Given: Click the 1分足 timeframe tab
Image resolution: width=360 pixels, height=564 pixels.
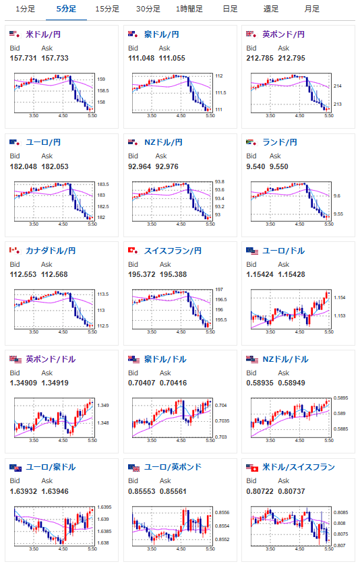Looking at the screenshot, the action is [x=25, y=9].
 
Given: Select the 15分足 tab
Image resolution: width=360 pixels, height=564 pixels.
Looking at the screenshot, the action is [x=107, y=9].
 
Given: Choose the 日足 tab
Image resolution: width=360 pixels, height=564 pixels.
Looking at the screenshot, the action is [x=230, y=9].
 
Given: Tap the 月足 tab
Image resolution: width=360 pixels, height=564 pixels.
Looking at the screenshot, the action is [x=311, y=9].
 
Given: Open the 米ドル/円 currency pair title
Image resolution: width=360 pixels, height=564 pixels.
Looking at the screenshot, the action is [x=43, y=34].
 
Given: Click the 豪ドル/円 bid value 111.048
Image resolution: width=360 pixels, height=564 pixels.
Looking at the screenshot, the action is [x=141, y=58].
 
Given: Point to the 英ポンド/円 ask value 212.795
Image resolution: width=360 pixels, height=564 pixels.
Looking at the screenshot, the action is [x=292, y=58].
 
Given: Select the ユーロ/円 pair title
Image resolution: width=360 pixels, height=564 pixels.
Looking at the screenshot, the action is [x=43, y=142].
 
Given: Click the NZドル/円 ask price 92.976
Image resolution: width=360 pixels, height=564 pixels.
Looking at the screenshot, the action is [x=167, y=166].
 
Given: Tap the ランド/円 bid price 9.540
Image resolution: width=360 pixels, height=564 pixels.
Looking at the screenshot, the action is [x=256, y=166].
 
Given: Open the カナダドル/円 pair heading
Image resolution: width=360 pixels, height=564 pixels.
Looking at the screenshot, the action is [x=51, y=251].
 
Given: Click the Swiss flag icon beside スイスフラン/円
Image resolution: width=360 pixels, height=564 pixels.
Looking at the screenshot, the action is [x=133, y=251].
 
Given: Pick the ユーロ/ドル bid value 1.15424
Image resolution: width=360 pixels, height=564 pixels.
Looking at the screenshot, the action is [x=260, y=274].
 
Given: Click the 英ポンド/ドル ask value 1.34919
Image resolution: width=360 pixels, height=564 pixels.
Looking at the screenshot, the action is [x=55, y=383].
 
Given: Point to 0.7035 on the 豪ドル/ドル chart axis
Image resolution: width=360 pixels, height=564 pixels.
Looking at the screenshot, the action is [x=222, y=421].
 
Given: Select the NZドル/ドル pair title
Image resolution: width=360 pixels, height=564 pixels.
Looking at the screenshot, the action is [x=285, y=359].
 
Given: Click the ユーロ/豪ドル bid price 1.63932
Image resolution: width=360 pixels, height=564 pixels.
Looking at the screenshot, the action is [x=24, y=491].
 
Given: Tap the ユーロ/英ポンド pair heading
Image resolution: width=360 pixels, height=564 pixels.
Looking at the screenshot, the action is [x=173, y=467].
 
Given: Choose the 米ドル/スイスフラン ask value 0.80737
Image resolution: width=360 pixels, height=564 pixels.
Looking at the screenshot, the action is [x=292, y=491].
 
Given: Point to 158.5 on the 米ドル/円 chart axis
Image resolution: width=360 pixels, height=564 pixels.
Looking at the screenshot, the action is [x=103, y=91].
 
